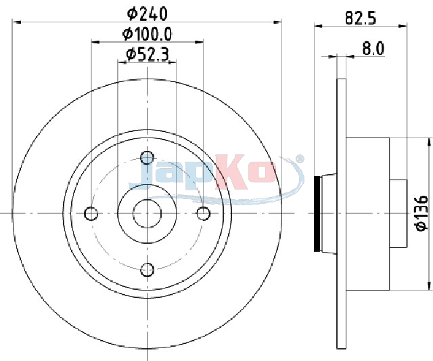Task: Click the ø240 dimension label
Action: [147, 14]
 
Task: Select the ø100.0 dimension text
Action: [147, 35]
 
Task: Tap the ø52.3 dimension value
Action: [147, 54]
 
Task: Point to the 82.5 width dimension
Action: [361, 18]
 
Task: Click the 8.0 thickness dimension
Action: [373, 49]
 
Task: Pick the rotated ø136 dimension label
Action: [421, 213]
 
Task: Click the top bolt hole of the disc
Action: [147, 158]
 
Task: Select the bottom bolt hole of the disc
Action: [147, 270]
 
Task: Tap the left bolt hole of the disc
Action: [91, 213]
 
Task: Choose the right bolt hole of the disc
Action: [204, 213]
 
